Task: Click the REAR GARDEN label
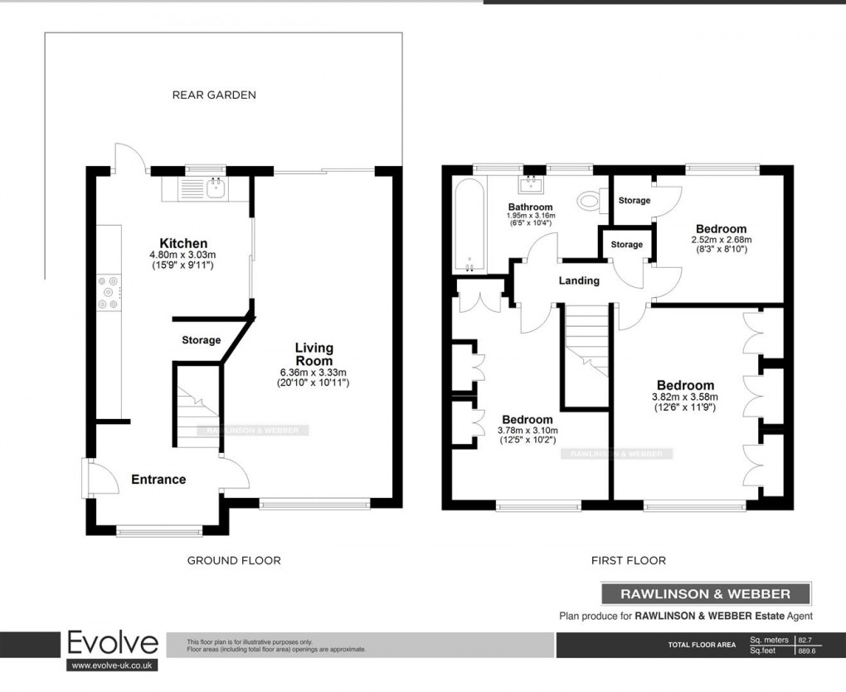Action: (x=214, y=95)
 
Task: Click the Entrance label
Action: (x=158, y=480)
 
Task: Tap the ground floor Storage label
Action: (x=201, y=340)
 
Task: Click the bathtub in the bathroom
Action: (x=469, y=224)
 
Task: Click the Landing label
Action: (x=578, y=280)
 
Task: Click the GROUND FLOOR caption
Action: (x=234, y=561)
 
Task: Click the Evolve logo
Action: (x=112, y=643)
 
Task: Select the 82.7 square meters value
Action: (x=804, y=641)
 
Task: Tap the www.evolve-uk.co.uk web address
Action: (x=112, y=665)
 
